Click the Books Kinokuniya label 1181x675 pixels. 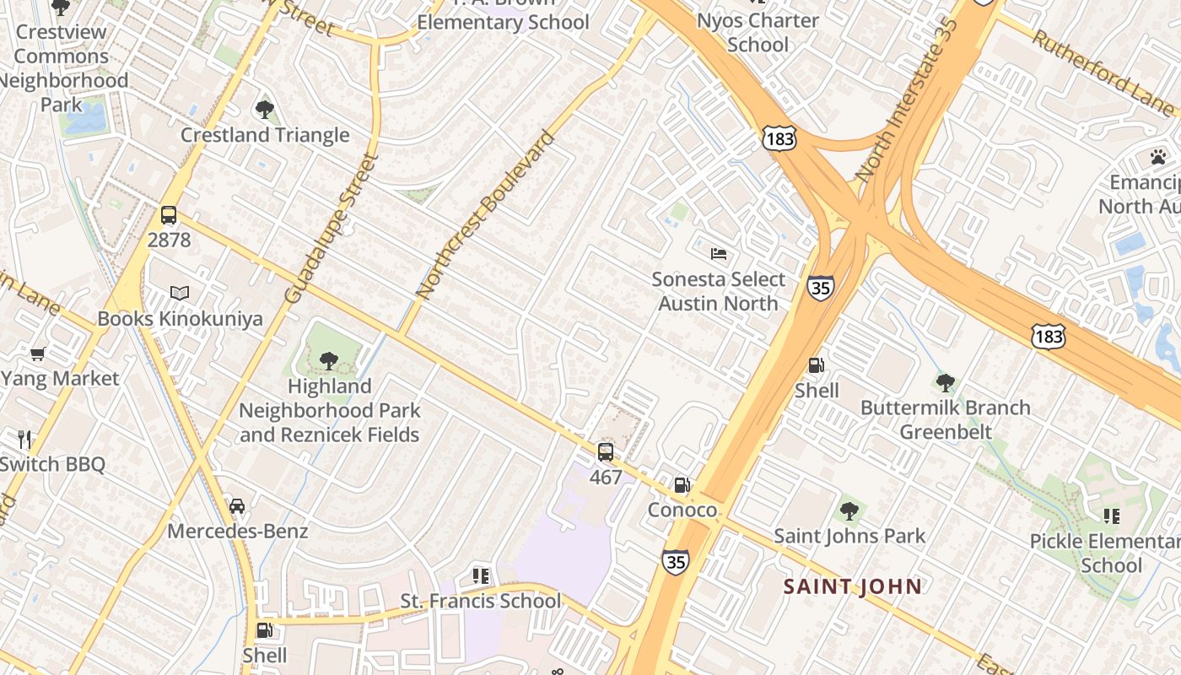click(180, 319)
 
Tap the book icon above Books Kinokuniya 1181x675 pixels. click(180, 293)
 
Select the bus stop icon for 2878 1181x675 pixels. click(169, 215)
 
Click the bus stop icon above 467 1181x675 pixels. click(606, 452)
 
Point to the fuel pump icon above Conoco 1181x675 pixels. click(682, 485)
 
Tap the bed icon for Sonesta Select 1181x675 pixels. click(719, 253)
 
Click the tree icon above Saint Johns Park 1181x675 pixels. click(849, 510)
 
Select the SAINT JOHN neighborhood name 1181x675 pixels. click(853, 586)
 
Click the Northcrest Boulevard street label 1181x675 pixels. click(487, 214)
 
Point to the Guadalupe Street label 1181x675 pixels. click(330, 227)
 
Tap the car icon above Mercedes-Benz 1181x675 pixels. click(237, 506)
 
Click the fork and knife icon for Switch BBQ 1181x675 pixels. click(24, 439)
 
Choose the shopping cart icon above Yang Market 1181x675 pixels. click(37, 354)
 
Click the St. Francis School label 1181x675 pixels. click(480, 601)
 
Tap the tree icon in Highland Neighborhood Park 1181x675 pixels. click(329, 361)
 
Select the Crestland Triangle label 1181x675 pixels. click(265, 135)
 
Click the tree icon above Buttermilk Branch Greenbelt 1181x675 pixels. click(946, 383)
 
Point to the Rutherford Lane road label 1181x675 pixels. click(1102, 73)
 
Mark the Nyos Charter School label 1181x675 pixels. click(758, 32)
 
